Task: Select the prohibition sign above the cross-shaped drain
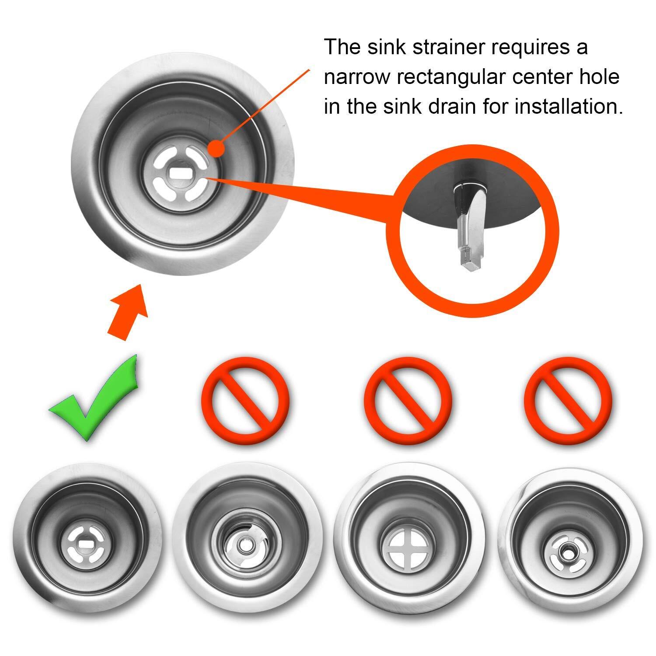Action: pyautogui.click(x=408, y=400)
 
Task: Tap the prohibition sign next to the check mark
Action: pyautogui.click(x=246, y=400)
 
